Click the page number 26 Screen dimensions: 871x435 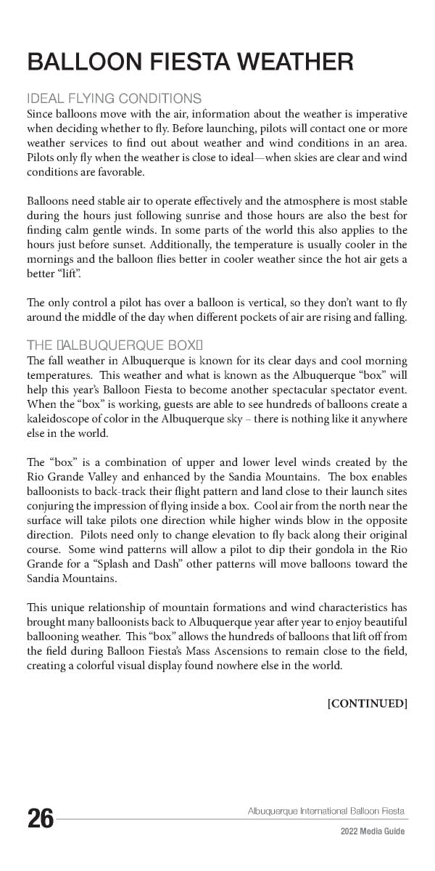(x=41, y=819)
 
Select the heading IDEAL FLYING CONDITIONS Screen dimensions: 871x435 (x=114, y=99)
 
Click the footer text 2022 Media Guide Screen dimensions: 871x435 (x=373, y=832)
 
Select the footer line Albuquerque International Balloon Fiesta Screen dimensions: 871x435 (x=326, y=811)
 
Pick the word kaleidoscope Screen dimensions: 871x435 (x=60, y=420)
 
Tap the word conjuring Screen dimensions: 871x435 (x=51, y=506)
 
